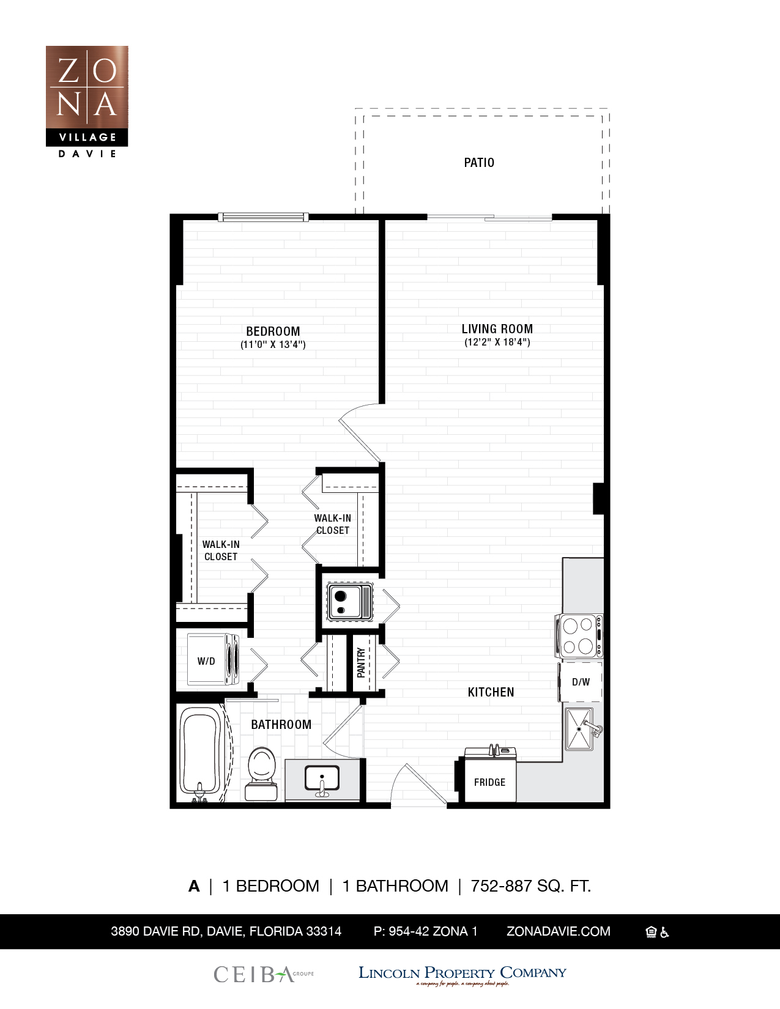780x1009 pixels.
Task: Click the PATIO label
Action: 478,163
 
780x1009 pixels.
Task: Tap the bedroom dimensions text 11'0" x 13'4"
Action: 273,345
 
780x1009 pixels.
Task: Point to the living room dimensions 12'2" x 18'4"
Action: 497,342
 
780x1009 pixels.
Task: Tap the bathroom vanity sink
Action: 322,780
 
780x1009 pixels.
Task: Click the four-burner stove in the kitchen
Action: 579,636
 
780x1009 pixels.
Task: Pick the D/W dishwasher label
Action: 581,682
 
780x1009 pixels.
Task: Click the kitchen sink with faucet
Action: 579,729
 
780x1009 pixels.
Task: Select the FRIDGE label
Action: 489,782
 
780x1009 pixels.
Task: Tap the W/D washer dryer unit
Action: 213,660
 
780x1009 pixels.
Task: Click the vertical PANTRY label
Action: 361,663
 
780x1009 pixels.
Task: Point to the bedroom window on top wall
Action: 263,217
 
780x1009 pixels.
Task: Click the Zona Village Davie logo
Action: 87,102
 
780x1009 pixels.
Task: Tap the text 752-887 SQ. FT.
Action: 530,886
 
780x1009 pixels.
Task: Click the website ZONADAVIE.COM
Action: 558,931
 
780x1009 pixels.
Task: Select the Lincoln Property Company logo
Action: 462,974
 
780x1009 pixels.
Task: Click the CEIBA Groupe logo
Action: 263,974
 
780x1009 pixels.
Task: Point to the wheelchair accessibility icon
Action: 665,932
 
